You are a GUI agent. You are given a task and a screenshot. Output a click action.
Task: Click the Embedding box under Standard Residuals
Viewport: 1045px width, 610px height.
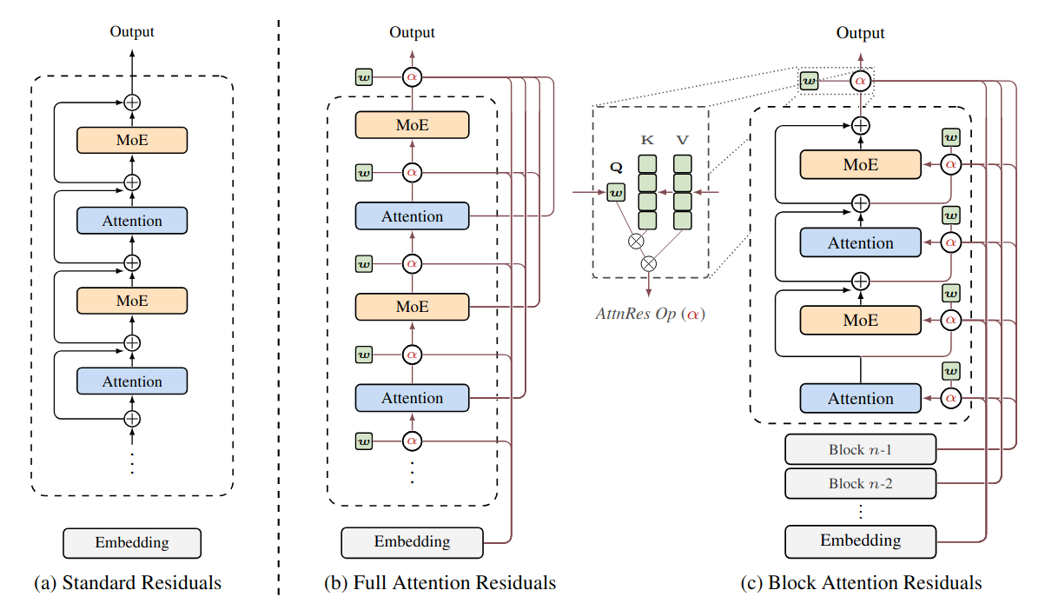(x=132, y=543)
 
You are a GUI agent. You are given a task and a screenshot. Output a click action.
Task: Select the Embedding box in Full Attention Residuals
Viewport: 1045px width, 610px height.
(x=412, y=541)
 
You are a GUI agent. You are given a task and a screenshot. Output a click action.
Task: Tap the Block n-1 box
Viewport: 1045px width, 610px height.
(x=860, y=450)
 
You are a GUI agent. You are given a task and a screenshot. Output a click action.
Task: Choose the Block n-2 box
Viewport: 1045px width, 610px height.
(x=860, y=483)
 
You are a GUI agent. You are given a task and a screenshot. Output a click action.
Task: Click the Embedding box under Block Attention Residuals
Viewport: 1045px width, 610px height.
(x=860, y=540)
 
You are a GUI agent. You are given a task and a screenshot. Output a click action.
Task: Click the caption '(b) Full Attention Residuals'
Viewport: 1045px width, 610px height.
(x=440, y=583)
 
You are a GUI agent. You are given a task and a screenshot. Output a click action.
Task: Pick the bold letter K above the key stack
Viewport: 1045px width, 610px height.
(x=647, y=138)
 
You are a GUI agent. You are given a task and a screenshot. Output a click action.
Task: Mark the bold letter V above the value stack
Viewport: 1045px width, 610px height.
(x=683, y=138)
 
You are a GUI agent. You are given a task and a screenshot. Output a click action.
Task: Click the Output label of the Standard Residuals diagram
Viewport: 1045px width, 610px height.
(x=132, y=32)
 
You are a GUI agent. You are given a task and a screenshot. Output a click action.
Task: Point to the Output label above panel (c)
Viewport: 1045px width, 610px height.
(x=860, y=33)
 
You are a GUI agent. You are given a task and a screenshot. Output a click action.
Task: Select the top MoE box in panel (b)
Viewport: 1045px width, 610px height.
(x=412, y=125)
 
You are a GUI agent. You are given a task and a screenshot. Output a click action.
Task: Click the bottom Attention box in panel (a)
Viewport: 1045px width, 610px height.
(x=132, y=381)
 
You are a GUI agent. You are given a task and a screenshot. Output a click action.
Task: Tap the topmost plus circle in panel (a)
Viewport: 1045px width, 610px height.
(x=132, y=102)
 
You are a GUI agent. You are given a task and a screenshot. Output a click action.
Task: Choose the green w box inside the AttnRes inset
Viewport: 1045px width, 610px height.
(x=616, y=191)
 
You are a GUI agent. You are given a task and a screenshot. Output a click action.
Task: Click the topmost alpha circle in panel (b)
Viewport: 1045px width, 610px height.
(x=412, y=77)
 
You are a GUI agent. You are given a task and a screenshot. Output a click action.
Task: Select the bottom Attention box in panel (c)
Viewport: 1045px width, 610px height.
(x=860, y=399)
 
